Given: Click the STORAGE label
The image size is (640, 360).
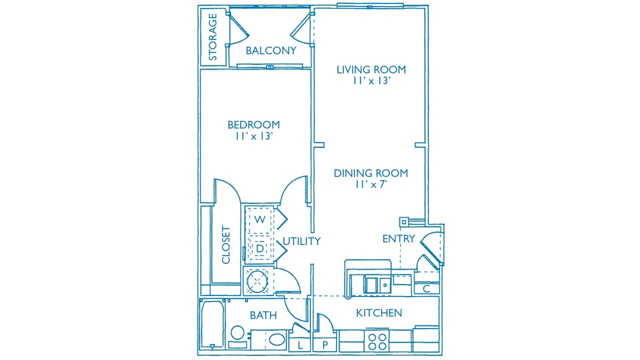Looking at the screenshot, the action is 213,37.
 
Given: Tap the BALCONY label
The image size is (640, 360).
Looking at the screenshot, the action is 271,50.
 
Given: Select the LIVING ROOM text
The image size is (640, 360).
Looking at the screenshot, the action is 371,69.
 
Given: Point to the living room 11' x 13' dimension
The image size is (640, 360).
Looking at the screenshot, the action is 371,81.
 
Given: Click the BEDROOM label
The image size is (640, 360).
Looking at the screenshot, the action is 253,124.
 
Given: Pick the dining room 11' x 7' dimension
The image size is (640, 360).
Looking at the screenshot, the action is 371,184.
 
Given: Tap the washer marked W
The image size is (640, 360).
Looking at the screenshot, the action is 259,220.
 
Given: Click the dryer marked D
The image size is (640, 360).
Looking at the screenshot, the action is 259,248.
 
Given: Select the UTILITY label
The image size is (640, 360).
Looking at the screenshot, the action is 301,241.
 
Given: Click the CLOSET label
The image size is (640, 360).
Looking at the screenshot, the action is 225,245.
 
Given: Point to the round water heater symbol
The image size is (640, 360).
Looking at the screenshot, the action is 257,281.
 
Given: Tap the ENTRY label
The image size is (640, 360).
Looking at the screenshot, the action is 398,238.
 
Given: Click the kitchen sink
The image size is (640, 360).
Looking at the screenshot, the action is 377,284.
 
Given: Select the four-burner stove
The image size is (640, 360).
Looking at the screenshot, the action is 377,341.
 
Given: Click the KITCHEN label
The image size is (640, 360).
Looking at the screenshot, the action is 379,313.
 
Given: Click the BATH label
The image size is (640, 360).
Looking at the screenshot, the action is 263,315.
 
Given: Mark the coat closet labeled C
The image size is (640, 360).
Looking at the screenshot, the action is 426,288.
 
